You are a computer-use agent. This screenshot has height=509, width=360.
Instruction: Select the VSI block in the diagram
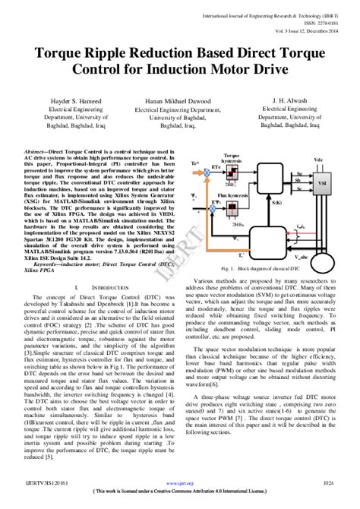click(x=322, y=183)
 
